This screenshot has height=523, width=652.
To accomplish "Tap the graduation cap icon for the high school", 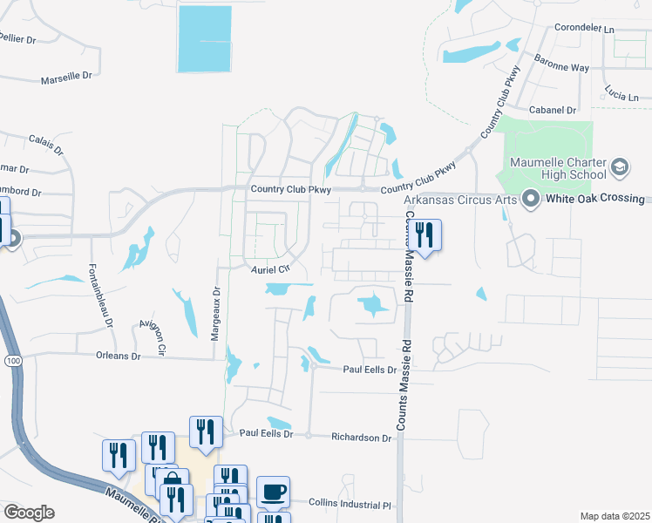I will coord(620,166).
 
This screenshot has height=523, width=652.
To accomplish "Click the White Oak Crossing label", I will coord(595,199).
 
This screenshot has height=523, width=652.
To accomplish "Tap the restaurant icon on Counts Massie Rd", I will coord(424,235).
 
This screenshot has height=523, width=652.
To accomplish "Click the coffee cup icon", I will coord(274,492).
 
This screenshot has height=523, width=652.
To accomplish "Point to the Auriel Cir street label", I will coord(269,269).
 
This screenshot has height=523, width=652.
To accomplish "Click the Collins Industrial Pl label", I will coord(350,503).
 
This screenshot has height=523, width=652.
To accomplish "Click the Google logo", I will coord(29,513).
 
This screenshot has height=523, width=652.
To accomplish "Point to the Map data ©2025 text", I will coord(615,516).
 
